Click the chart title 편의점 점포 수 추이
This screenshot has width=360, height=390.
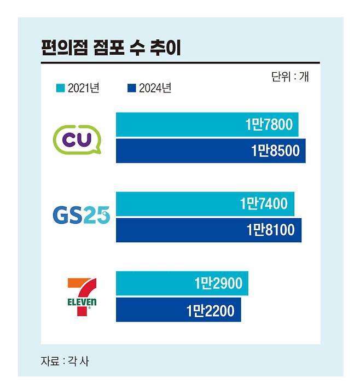point(111,48)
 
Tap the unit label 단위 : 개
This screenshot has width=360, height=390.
point(289,77)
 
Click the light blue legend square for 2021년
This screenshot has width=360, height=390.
point(61,88)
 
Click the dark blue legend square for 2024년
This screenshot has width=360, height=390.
point(131,88)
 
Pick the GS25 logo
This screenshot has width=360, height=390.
point(81,216)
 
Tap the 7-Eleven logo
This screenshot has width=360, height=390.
point(82,296)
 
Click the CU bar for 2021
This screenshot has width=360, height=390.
point(207,125)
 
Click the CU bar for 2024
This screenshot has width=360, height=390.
point(211,151)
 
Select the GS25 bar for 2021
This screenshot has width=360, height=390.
point(205,204)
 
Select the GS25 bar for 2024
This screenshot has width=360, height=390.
point(208,230)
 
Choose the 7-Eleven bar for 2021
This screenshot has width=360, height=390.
point(182,283)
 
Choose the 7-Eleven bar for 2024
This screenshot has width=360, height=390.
point(178,310)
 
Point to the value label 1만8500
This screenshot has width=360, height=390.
point(276,151)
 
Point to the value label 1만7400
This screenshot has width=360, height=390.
point(263,204)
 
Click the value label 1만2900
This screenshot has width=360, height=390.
point(218,284)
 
